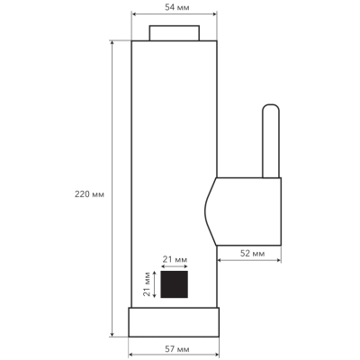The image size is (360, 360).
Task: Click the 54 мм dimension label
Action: [x=177, y=7]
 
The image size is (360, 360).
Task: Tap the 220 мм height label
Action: [x=89, y=194]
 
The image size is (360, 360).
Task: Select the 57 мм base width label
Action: [x=177, y=349]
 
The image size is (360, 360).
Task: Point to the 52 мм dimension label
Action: [x=252, y=254]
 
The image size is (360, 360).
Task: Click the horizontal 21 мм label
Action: [x=175, y=259]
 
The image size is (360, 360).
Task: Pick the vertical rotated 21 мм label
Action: [x=147, y=283]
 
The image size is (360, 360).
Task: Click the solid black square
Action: [x=175, y=284]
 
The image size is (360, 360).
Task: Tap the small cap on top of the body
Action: [x=175, y=33]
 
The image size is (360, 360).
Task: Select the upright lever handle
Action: [x=271, y=141]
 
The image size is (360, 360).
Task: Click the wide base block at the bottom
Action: [x=174, y=322]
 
